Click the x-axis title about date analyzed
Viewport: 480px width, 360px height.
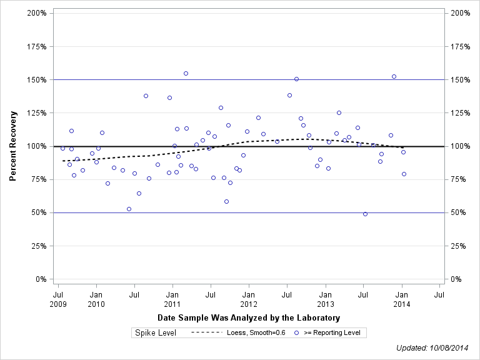(249, 318)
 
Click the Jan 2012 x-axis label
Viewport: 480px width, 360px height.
(249, 298)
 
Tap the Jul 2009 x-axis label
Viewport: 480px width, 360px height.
(58, 298)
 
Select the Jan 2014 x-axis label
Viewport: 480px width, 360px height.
(402, 298)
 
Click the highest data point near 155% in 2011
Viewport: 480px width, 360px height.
(186, 73)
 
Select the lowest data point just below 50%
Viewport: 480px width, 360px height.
(365, 214)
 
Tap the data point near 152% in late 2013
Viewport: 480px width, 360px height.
(394, 76)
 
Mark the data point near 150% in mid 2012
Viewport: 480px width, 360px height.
(296, 79)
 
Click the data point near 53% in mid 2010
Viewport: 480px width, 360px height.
(129, 209)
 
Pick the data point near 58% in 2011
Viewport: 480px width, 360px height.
(226, 201)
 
